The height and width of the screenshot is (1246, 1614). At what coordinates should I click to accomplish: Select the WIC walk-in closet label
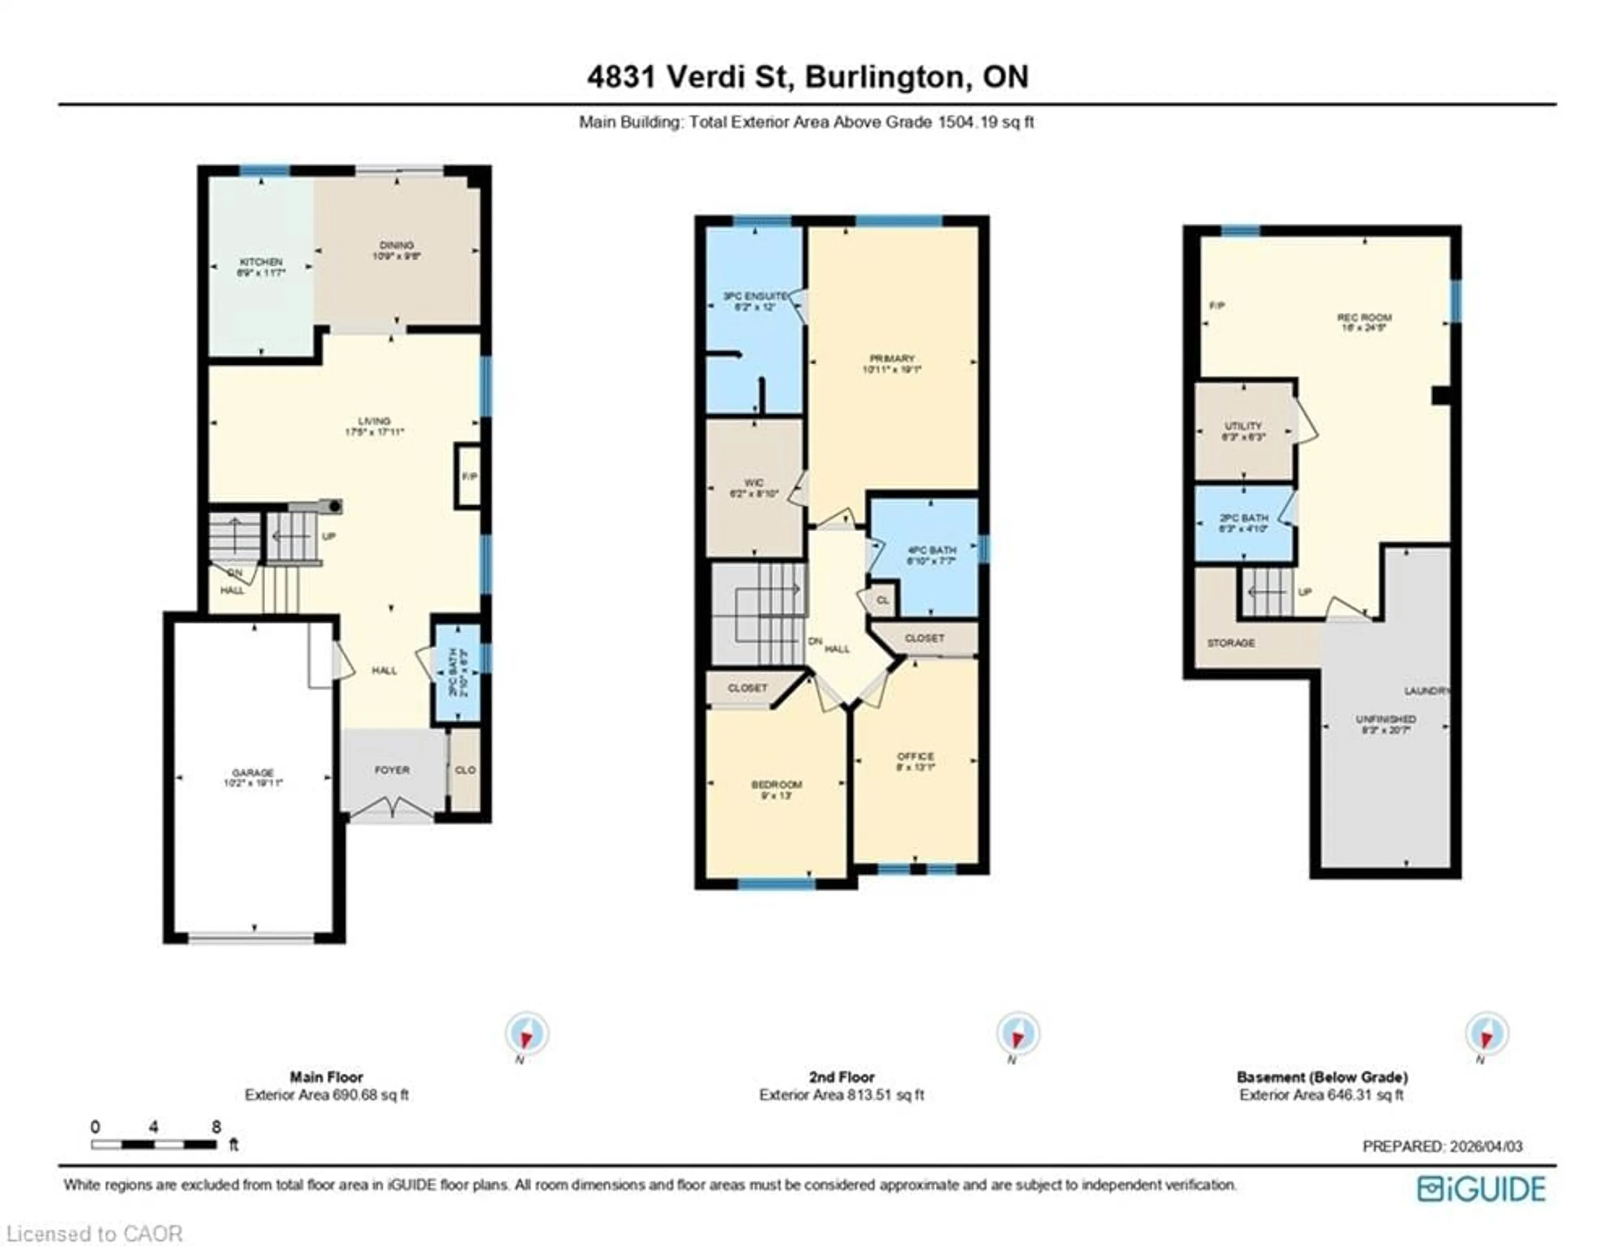click(754, 483)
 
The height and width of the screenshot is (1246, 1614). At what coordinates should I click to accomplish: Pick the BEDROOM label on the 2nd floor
click(776, 785)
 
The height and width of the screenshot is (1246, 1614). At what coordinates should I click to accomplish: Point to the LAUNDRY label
click(1426, 691)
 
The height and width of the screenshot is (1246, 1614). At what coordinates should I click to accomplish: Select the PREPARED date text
click(1442, 1146)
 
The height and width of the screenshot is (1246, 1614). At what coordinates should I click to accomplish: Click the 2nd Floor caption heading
click(841, 1077)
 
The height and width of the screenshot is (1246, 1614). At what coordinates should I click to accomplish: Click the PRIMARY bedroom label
click(892, 359)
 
